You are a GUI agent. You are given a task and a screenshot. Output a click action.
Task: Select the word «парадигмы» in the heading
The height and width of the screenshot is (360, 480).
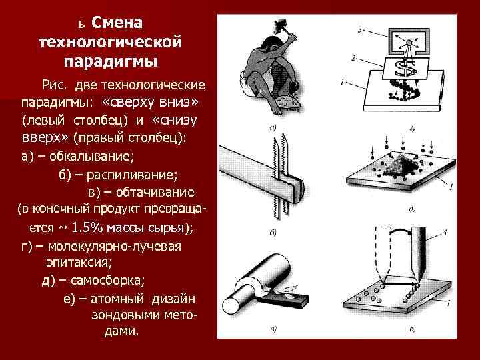coord(111,62)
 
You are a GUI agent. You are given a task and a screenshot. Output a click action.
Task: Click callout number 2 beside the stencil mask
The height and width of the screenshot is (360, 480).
coord(353,58)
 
